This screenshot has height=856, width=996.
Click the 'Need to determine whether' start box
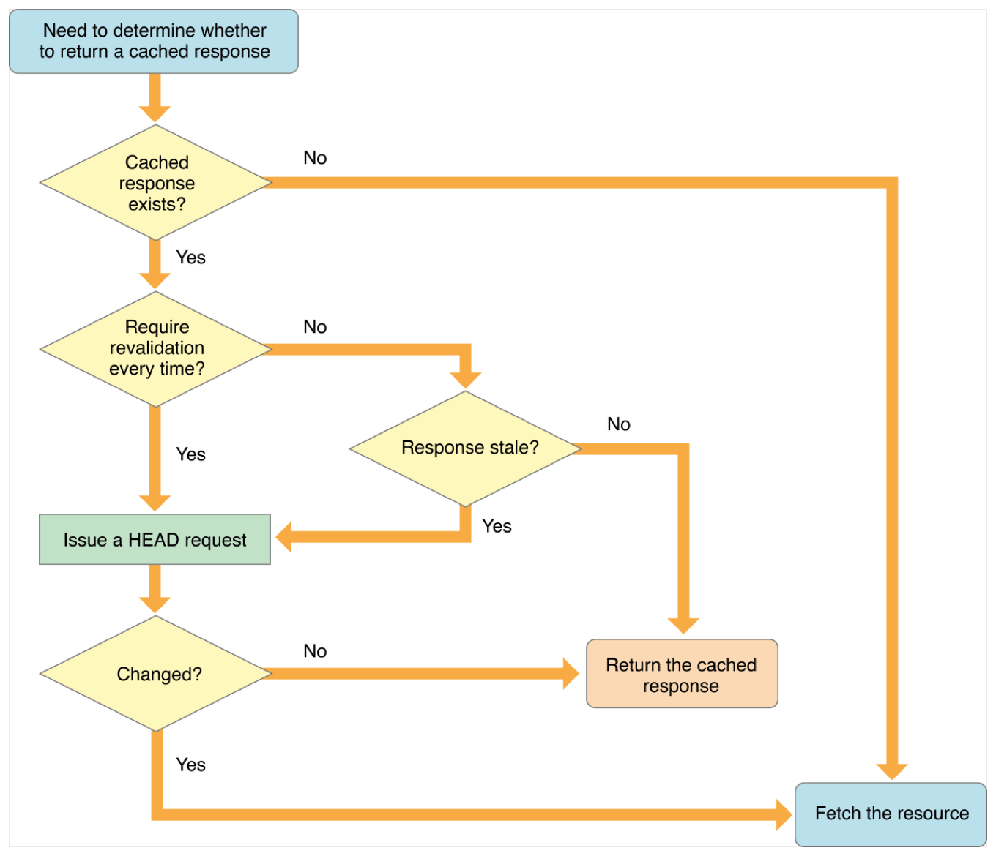click(154, 41)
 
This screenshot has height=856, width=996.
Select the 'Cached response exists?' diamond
click(156, 183)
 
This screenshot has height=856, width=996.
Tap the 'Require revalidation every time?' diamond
click(156, 349)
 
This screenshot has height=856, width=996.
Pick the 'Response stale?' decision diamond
click(466, 448)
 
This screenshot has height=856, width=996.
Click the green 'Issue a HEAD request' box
click(155, 540)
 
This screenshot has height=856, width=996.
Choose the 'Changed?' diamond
click(156, 674)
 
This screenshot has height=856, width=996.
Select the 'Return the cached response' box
click(681, 675)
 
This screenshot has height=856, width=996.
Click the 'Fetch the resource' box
click(891, 814)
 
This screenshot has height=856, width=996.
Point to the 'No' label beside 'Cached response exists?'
click(315, 158)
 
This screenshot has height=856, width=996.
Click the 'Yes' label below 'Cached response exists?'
click(190, 258)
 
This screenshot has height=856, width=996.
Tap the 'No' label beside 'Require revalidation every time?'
click(315, 327)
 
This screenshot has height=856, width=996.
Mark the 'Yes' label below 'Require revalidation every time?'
click(190, 454)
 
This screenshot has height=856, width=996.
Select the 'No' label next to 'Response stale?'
click(618, 424)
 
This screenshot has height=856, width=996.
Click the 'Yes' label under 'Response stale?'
click(497, 526)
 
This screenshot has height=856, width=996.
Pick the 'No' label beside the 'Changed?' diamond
click(315, 651)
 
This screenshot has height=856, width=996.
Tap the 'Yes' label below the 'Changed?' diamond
click(190, 765)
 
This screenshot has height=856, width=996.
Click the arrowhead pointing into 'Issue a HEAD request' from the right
click(284, 537)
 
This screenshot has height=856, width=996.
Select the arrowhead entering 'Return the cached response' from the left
click(570, 674)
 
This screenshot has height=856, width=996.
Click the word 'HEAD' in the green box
click(153, 540)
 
